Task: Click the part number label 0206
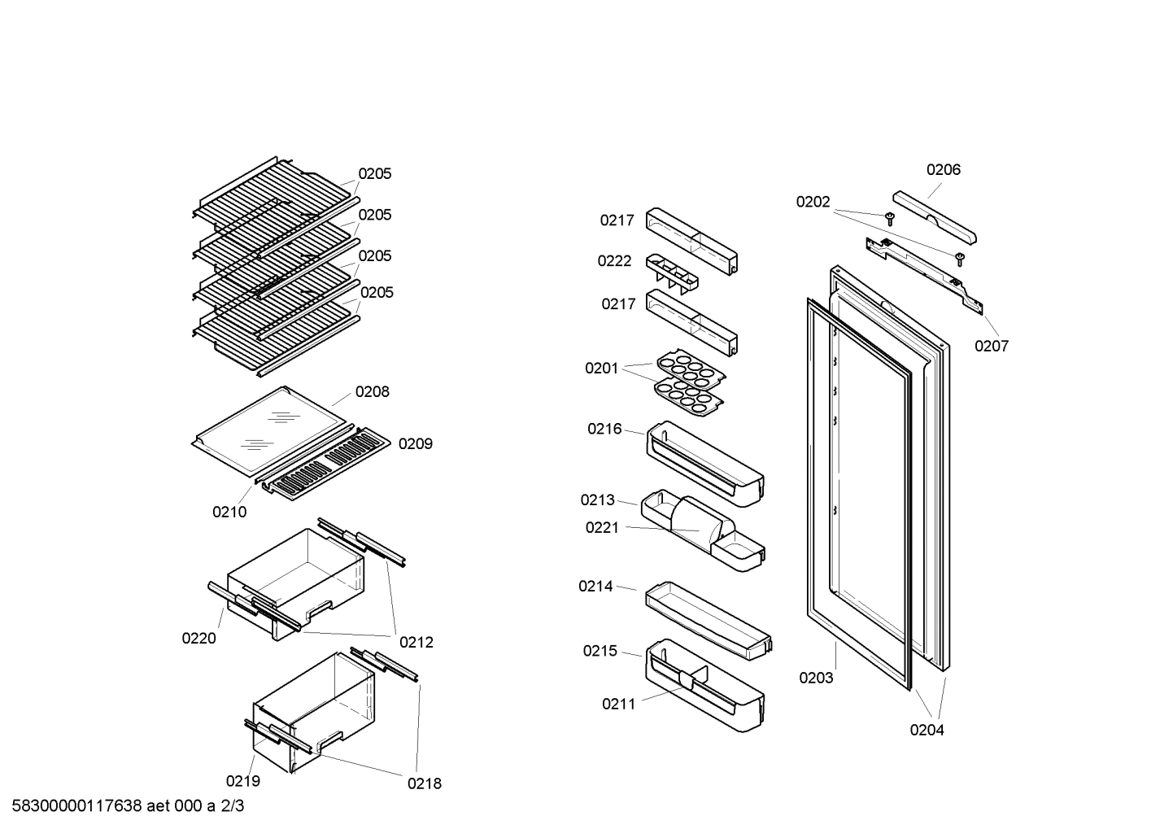[x=943, y=170]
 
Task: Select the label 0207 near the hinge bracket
[x=991, y=347]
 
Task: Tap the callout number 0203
[x=816, y=678]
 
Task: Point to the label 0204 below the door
[x=927, y=730]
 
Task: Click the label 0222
[x=614, y=261]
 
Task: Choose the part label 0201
[x=601, y=369]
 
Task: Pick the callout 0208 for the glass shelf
[x=372, y=391]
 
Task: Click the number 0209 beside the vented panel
[x=415, y=444]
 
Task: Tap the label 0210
[x=229, y=512]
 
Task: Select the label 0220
[x=198, y=638]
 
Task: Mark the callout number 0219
[x=243, y=781]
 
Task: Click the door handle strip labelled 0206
[x=935, y=217]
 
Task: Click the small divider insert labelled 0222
[x=672, y=273]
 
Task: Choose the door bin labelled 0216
[x=705, y=464]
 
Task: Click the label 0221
[x=602, y=528]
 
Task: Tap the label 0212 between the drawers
[x=416, y=642]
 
